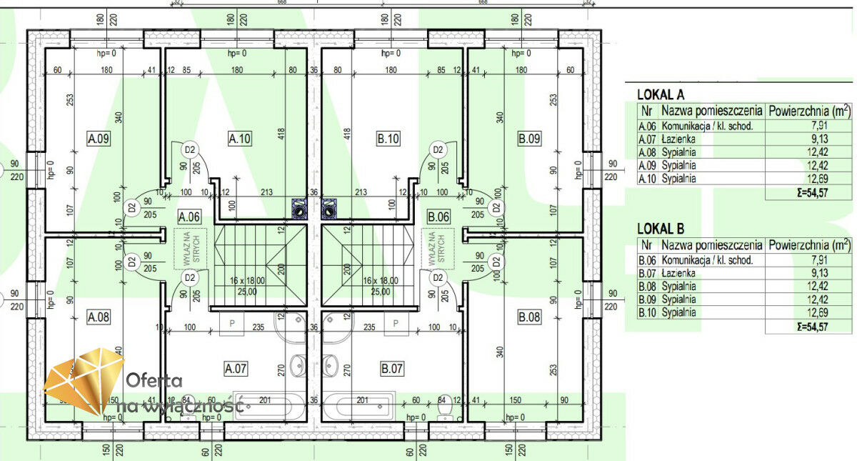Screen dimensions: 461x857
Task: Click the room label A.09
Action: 98,139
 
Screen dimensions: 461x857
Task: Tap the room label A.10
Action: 240,139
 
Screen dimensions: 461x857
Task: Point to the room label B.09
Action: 529,139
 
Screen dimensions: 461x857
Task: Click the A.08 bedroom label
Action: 98,316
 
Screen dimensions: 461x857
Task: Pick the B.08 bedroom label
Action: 529,316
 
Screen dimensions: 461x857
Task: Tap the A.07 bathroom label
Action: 236,369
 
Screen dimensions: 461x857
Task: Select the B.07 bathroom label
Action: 392,369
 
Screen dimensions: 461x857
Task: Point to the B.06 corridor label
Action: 438,216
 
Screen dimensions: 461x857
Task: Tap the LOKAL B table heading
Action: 661,229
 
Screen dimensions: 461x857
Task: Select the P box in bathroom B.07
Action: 395,323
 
